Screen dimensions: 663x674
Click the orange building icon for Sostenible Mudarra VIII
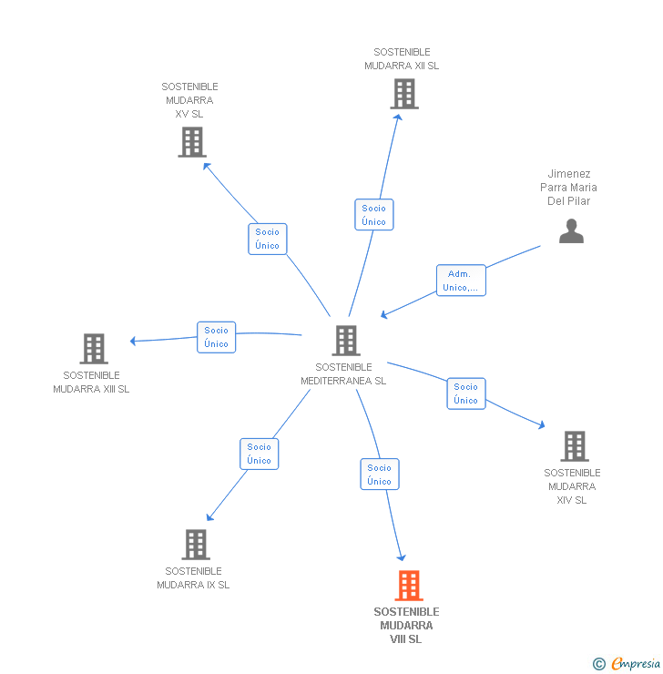pos(409,585)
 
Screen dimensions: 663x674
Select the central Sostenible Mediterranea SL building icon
pos(346,341)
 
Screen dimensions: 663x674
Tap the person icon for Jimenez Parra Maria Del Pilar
pos(571,230)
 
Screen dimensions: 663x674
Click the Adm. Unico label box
pos(461,281)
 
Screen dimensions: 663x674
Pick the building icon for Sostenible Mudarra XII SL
pos(404,94)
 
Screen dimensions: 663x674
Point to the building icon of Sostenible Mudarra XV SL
pos(192,142)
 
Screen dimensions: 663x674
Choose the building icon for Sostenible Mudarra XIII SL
pos(94,349)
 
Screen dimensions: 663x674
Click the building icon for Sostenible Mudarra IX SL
pos(196,544)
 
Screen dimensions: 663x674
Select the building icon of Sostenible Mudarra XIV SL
pos(575,446)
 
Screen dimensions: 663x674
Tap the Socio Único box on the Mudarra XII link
pos(373,214)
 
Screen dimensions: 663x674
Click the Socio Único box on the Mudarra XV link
pos(267,239)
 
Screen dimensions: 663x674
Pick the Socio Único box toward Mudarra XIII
pos(216,337)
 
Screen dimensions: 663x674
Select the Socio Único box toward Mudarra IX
pos(260,454)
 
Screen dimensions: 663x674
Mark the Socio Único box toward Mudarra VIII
pos(380,475)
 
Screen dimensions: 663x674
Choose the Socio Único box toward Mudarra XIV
pos(466,393)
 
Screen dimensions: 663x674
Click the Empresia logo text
pos(636,663)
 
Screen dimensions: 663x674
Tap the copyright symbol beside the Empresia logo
pos(599,664)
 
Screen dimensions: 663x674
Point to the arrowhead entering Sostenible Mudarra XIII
pos(133,341)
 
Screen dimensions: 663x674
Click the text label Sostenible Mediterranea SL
pos(343,374)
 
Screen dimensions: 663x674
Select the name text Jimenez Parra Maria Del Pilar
pos(568,188)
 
